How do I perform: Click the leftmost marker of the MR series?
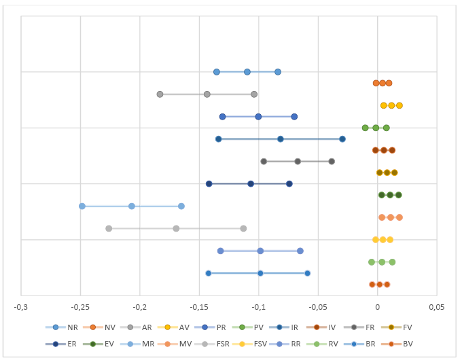[82, 206]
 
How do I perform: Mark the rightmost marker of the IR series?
[342, 139]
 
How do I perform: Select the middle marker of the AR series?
[207, 94]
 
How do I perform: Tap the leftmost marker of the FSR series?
[109, 228]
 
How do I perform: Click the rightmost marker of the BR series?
[307, 273]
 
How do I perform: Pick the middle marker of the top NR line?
[247, 72]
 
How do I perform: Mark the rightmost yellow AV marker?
[399, 105]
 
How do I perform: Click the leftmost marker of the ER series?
[209, 184]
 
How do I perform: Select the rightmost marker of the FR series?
[332, 161]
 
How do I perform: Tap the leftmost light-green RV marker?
[372, 262]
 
